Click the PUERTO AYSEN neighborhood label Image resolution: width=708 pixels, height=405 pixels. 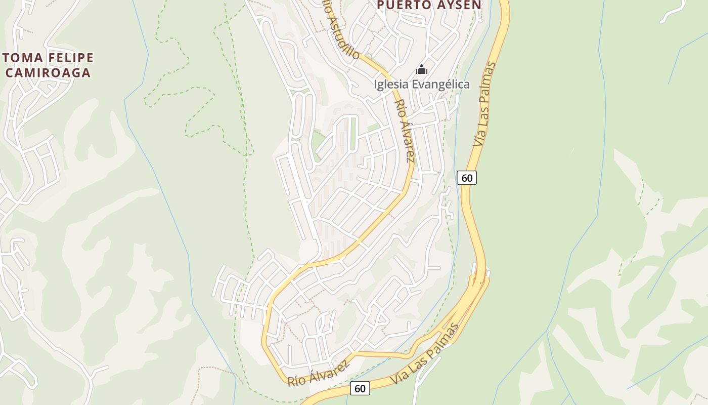[429, 5]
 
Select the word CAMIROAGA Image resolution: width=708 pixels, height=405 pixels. [48, 72]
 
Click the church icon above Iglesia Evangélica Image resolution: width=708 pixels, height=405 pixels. [422, 70]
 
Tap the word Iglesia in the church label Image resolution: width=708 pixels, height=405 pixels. [391, 85]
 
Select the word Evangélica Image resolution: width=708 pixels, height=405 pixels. [440, 85]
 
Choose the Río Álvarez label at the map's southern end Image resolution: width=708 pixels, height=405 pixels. [318, 374]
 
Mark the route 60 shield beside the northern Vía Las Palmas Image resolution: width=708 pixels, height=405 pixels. [467, 178]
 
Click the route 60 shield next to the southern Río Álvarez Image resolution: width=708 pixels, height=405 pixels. [360, 388]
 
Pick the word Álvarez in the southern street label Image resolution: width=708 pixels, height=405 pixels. [329, 369]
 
